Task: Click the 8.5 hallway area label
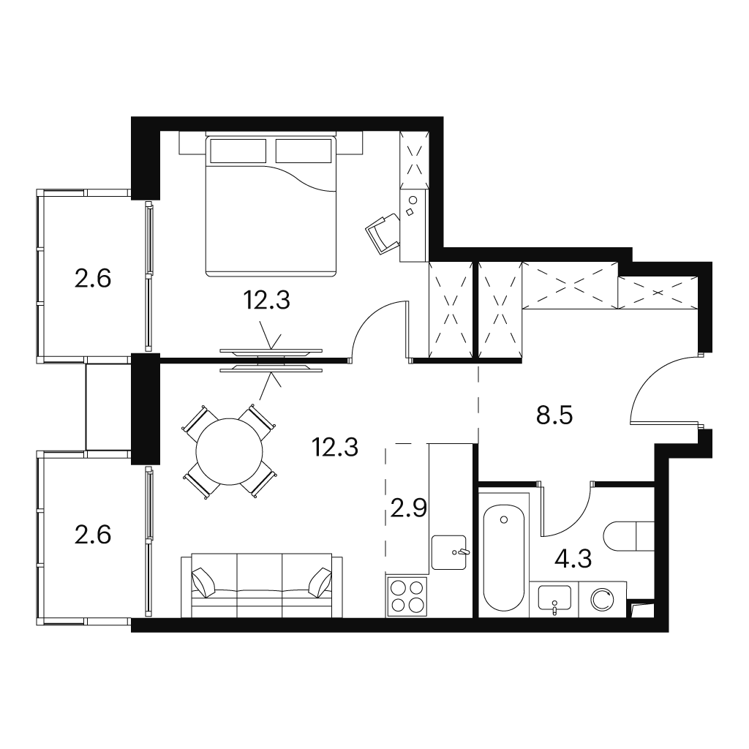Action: (554, 415)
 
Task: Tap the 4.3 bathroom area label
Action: (573, 558)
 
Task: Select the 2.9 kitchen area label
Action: (408, 509)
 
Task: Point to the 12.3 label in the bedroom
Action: (266, 301)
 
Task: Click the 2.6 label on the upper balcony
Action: (93, 278)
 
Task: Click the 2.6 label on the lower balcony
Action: (93, 535)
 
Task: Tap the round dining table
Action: (229, 452)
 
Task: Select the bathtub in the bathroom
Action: (503, 558)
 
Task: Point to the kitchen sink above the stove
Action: (449, 553)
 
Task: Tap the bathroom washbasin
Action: (554, 598)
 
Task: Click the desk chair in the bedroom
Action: (382, 233)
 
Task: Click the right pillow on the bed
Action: (304, 151)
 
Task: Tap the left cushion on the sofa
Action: (204, 581)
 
